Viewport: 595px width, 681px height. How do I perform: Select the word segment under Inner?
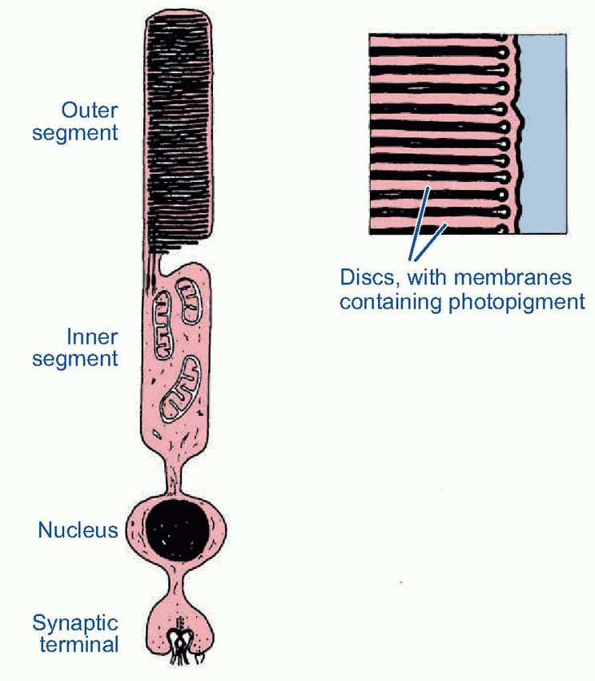(74, 358)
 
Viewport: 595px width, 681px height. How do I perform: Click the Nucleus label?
(78, 530)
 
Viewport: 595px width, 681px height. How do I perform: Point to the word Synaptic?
(75, 623)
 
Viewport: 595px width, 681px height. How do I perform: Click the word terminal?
(76, 643)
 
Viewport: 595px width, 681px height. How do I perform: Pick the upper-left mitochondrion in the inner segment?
(163, 323)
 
